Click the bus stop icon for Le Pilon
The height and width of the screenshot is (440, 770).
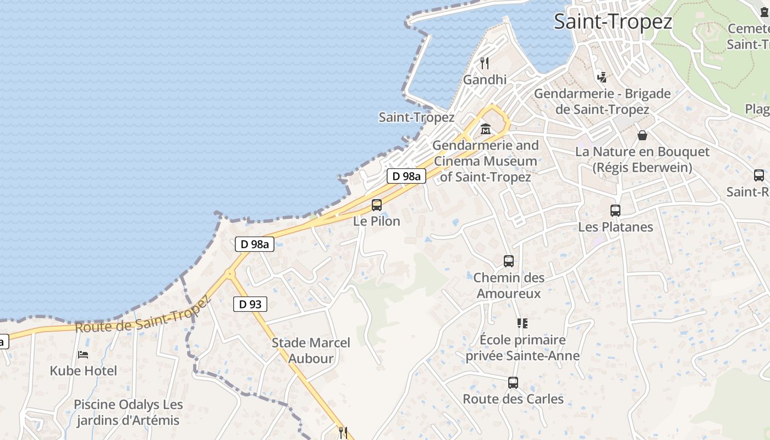tap(377, 205)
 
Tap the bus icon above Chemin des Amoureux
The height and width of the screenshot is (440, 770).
tap(509, 261)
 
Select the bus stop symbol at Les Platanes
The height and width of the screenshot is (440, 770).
tap(615, 211)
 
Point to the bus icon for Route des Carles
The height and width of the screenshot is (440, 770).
tap(513, 383)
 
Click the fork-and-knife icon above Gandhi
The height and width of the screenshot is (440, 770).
tap(485, 63)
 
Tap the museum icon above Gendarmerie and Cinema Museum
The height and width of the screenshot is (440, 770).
tap(486, 130)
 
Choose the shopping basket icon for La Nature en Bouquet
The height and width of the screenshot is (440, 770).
tap(642, 135)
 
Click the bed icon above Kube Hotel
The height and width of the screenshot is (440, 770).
tap(83, 355)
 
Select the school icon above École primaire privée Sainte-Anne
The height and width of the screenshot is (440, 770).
tap(522, 323)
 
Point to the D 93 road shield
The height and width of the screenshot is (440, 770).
tap(250, 304)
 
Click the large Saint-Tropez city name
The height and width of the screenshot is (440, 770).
tap(613, 22)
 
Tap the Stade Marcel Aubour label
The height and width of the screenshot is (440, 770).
tap(311, 350)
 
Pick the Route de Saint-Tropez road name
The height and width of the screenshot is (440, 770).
tap(142, 315)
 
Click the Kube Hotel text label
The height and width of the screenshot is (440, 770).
tap(84, 371)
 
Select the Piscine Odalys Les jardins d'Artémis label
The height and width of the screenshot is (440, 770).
tap(128, 413)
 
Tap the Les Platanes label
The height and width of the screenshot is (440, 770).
tap(615, 227)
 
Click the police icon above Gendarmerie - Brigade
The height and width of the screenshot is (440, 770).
tap(602, 77)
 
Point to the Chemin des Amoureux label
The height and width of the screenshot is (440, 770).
tap(509, 285)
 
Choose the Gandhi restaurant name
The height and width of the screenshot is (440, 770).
tap(485, 80)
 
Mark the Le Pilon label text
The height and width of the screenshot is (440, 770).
tap(377, 221)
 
